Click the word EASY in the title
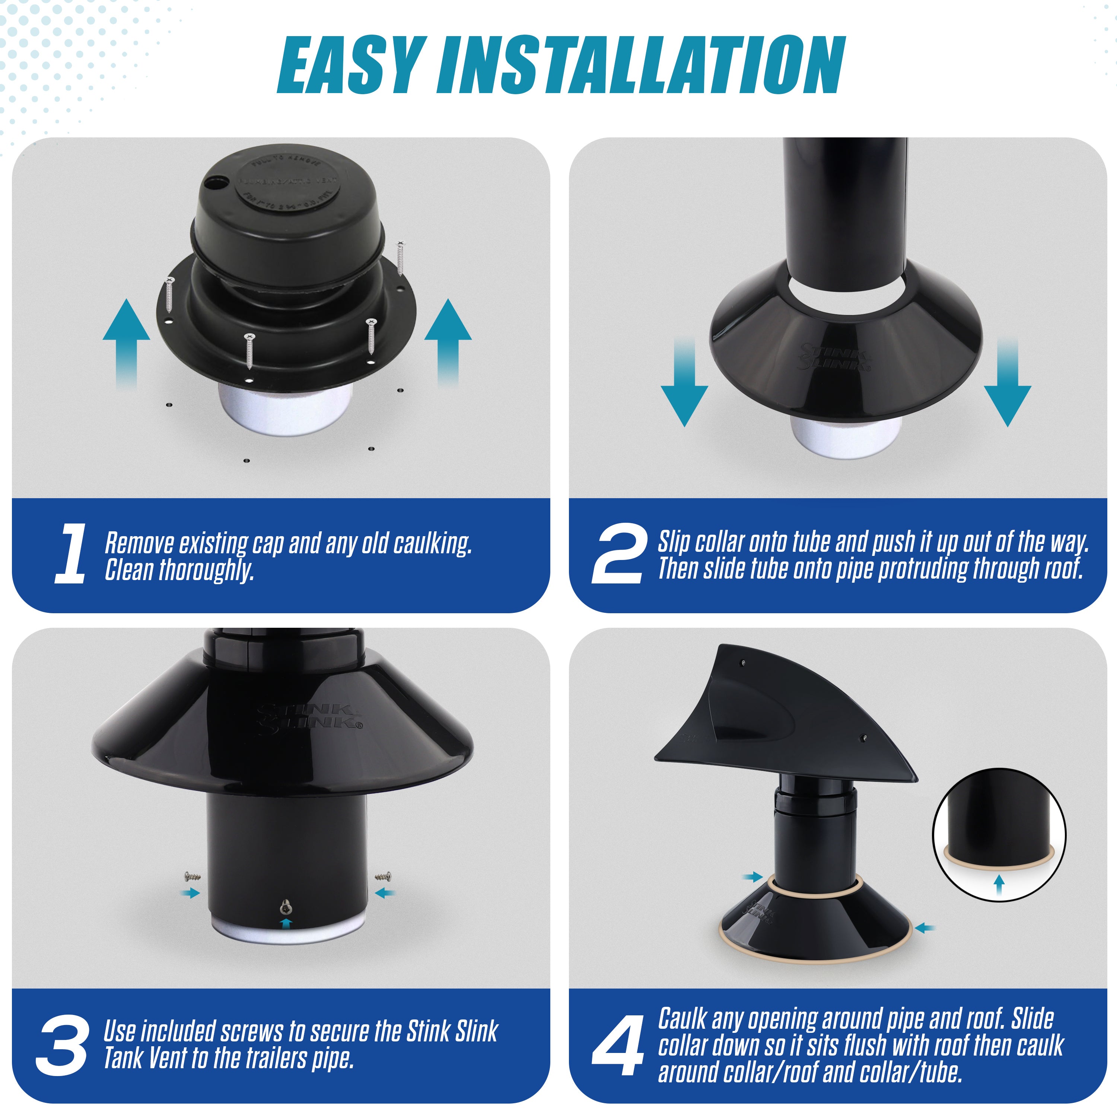349,65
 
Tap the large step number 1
71,554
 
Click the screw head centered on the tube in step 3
285,907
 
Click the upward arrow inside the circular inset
999,885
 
